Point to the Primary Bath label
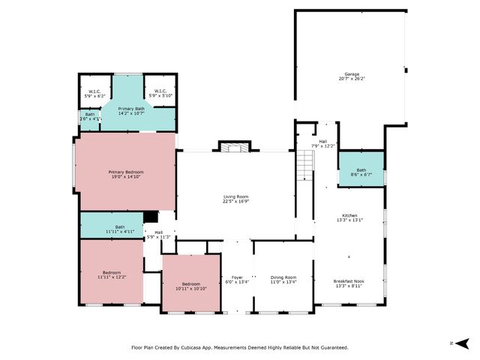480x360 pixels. coord(130,109)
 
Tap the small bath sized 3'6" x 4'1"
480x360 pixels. coord(90,116)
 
